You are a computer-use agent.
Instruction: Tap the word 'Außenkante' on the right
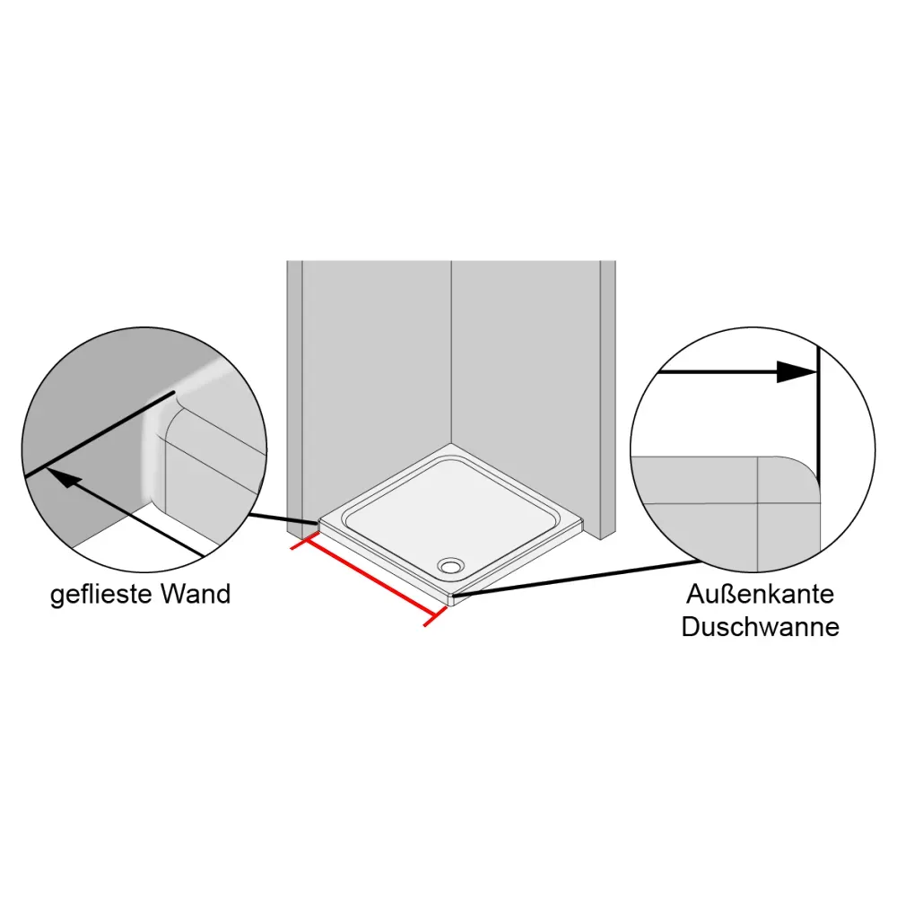tap(761, 594)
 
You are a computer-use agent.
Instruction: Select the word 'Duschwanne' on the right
tap(761, 626)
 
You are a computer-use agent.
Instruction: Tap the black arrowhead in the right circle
tap(795, 372)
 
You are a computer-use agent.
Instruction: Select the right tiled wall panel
tap(525, 359)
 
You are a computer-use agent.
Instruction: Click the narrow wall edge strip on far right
tap(607, 395)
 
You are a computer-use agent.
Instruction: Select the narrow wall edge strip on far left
tap(294, 386)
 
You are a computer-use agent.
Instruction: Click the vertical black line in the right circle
tap(818, 422)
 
